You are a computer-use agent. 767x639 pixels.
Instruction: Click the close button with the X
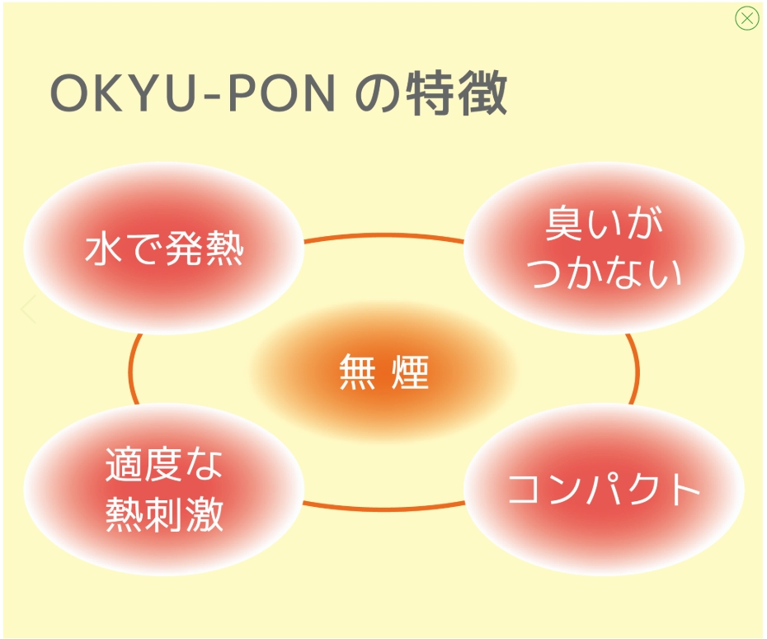(746, 19)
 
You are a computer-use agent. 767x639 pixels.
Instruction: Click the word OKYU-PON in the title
(193, 96)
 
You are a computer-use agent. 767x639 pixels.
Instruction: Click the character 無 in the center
(356, 372)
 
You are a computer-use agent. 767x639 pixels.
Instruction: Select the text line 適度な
(164, 466)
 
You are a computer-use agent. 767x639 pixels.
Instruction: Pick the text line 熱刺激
(164, 514)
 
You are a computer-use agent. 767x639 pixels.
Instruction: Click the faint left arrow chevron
(29, 310)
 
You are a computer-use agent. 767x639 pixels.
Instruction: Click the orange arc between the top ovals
(383, 235)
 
